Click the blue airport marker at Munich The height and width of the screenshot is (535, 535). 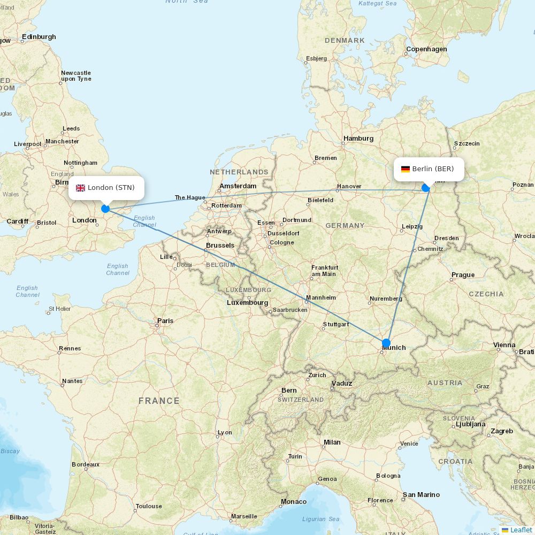pyautogui.click(x=386, y=343)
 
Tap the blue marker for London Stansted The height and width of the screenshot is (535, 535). pyautogui.click(x=105, y=209)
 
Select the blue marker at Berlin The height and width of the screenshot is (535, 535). pyautogui.click(x=426, y=188)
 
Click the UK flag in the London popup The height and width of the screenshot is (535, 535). pyautogui.click(x=81, y=188)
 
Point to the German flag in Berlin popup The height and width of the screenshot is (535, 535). pyautogui.click(x=406, y=169)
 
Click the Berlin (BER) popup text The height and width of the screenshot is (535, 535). pyautogui.click(x=433, y=169)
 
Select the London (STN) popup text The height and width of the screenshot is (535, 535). pyautogui.click(x=111, y=188)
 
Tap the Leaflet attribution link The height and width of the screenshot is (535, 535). pyautogui.click(x=521, y=530)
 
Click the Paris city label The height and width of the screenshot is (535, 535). pyautogui.click(x=165, y=321)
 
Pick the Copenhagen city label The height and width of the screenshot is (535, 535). pyautogui.click(x=426, y=49)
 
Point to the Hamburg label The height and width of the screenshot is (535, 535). pyautogui.click(x=358, y=139)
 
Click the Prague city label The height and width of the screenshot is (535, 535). pyautogui.click(x=463, y=275)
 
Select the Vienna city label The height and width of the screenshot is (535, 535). pyautogui.click(x=504, y=345)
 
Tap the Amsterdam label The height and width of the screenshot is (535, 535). pyautogui.click(x=238, y=186)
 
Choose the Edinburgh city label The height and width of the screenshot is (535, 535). pyautogui.click(x=39, y=37)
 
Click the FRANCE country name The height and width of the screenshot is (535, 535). pyautogui.click(x=159, y=401)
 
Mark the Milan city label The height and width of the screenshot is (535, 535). pyautogui.click(x=332, y=442)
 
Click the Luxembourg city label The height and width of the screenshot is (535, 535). pyautogui.click(x=247, y=303)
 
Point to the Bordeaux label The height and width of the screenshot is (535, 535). pyautogui.click(x=86, y=464)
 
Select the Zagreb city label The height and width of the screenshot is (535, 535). pyautogui.click(x=502, y=431)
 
